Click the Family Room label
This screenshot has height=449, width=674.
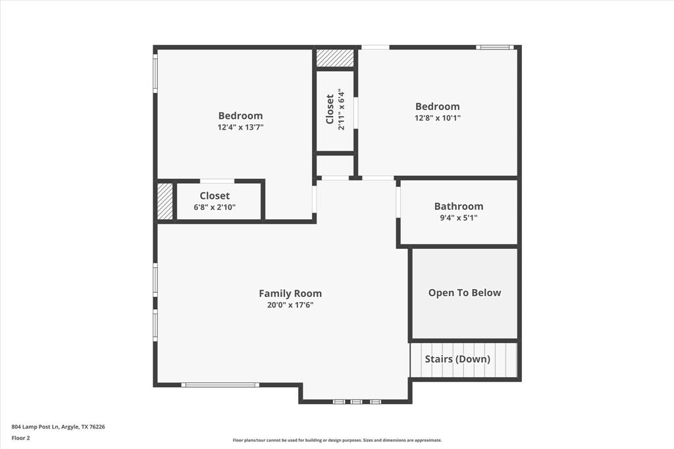(x=290, y=294)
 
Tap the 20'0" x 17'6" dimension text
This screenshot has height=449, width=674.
(x=290, y=305)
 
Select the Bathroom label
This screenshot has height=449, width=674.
(x=458, y=206)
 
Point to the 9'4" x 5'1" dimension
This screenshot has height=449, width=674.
(x=458, y=217)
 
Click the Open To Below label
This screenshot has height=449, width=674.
(x=464, y=293)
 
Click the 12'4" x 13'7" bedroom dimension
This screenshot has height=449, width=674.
(x=240, y=127)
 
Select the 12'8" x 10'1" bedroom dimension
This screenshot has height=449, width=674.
(x=437, y=118)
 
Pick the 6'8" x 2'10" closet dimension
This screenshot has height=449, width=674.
(x=215, y=207)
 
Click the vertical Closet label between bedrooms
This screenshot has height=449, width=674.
(x=330, y=109)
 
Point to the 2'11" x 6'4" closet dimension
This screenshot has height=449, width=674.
(x=341, y=109)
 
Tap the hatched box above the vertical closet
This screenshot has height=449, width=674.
(x=335, y=58)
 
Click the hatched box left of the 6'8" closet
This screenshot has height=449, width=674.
(x=165, y=201)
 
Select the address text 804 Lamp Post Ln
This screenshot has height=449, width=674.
(x=58, y=427)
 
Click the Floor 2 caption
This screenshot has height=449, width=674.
(x=22, y=438)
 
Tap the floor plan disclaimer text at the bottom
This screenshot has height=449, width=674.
(x=337, y=440)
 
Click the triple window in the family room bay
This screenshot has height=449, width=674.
(x=356, y=401)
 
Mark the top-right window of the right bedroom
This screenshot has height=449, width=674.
(x=495, y=47)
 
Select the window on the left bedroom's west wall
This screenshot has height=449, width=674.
(x=155, y=72)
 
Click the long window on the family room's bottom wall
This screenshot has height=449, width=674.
(x=220, y=385)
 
